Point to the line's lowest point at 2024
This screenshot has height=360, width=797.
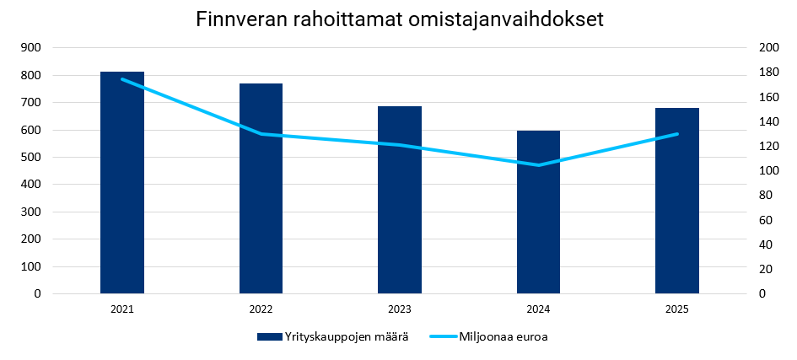pos(538,165)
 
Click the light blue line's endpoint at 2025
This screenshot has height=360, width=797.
pos(677,134)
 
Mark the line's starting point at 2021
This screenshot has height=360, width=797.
pos(122,79)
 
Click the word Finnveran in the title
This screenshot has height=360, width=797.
pos(240,19)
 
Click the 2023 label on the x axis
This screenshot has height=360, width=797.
pos(400,309)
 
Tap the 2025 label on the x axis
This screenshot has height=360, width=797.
pos(677,309)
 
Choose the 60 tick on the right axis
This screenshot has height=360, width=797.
pos(764,220)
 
